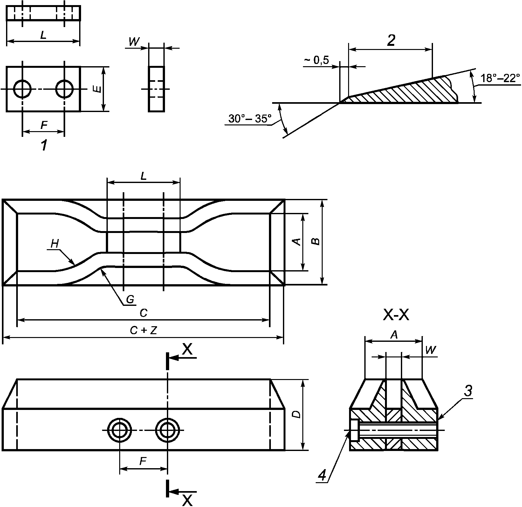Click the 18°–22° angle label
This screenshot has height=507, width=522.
500,78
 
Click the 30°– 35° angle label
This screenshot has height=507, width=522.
250,119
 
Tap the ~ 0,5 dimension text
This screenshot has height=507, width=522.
316,60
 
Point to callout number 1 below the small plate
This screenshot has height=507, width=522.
44,146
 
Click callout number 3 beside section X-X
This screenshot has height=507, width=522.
467,391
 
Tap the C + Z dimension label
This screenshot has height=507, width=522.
143,331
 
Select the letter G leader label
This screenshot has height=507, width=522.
130,299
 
